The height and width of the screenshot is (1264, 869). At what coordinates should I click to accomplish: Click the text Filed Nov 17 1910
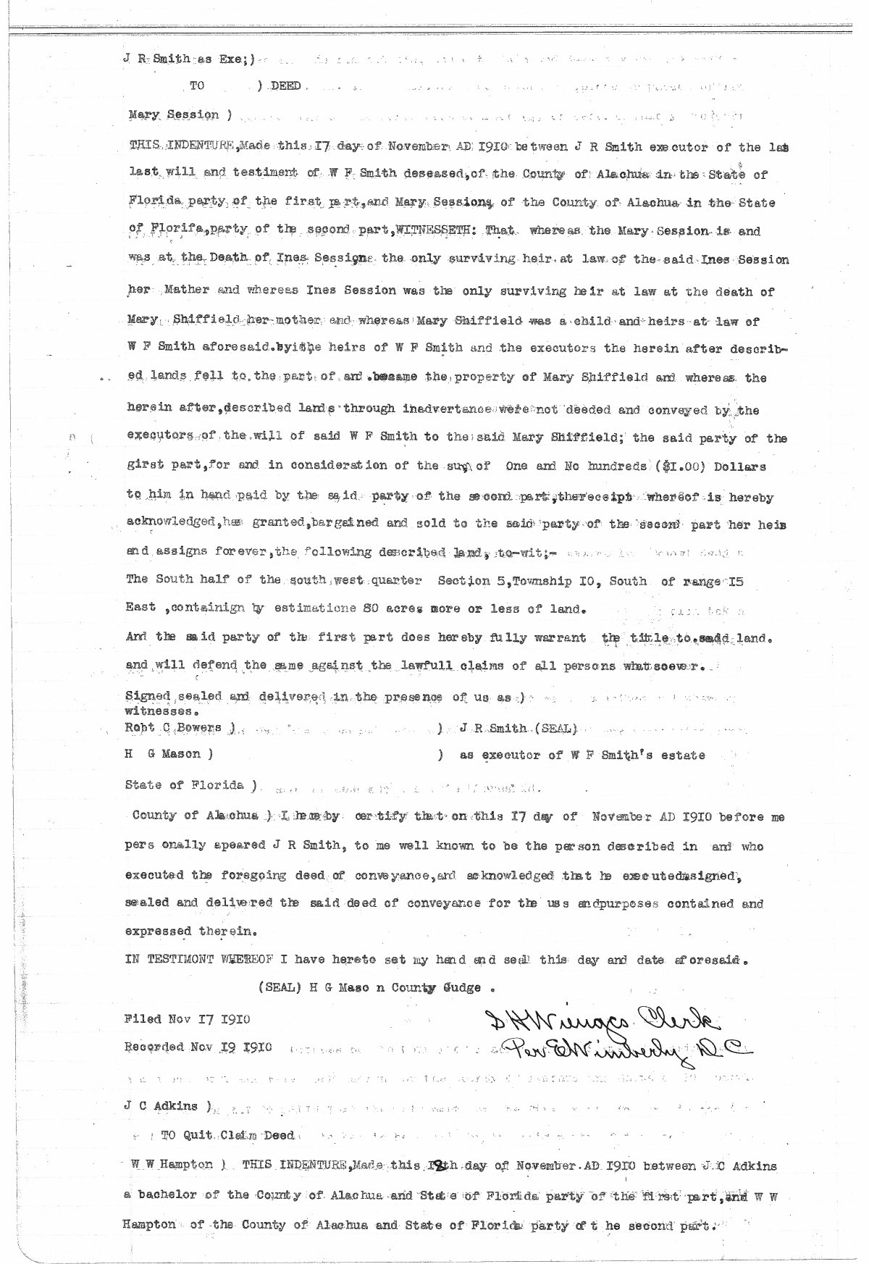click(188, 1019)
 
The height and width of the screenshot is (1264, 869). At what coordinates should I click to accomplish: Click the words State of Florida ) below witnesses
click(192, 785)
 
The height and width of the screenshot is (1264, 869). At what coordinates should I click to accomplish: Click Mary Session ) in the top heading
click(178, 114)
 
